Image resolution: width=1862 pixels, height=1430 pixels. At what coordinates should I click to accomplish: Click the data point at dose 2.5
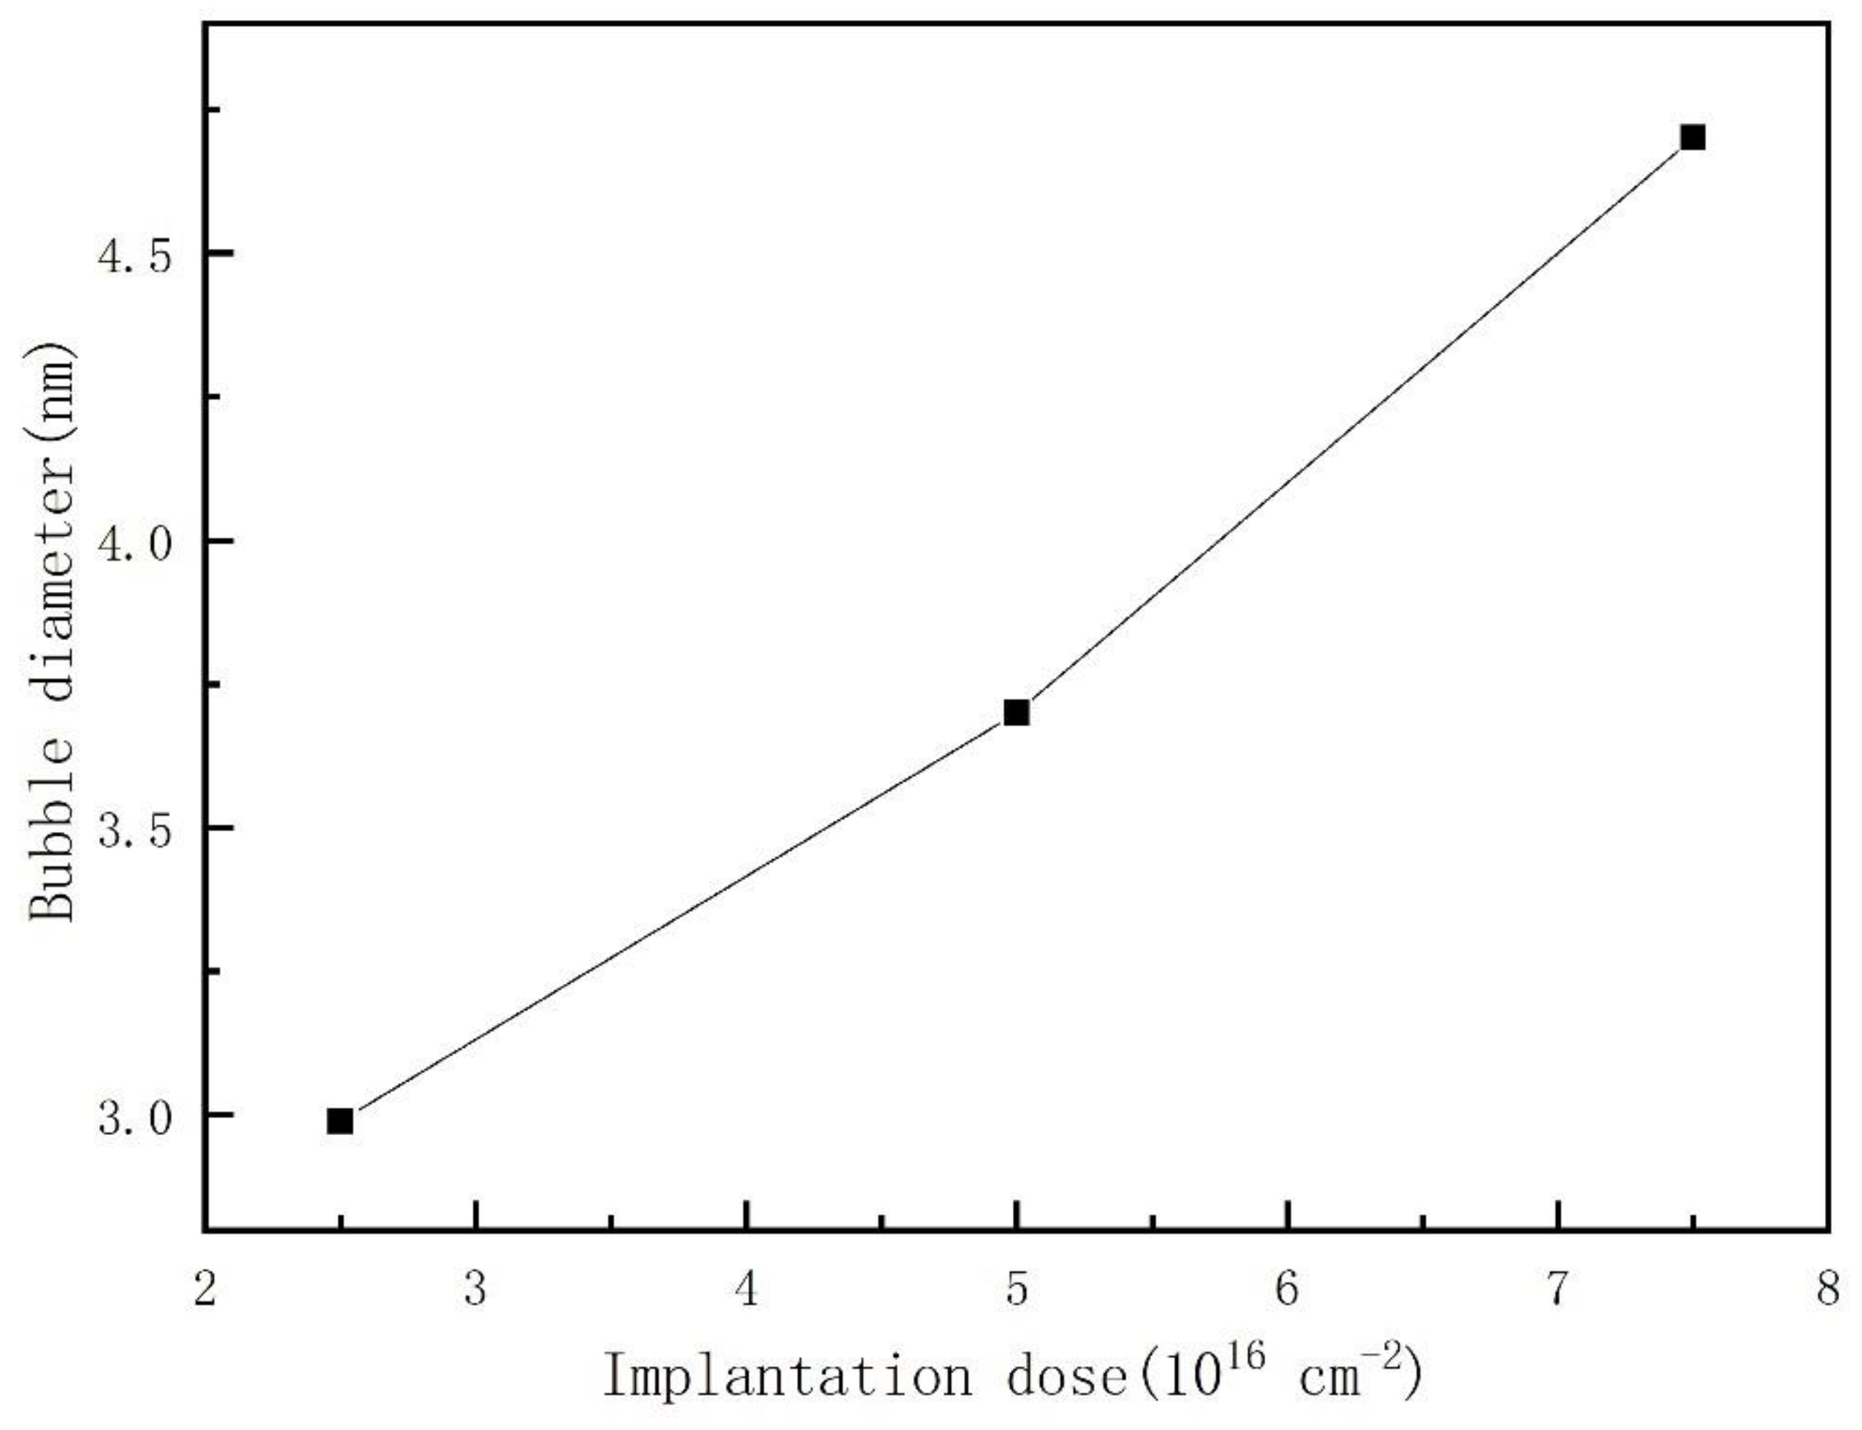coord(340,1121)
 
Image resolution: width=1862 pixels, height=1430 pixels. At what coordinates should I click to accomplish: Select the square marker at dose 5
coord(1016,712)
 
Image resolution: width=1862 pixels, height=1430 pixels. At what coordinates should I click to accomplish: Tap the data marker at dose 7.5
coord(1693,137)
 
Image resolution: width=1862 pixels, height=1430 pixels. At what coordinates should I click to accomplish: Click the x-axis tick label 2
coord(205,1290)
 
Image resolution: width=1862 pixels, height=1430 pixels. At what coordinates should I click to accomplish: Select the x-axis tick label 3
coord(476,1290)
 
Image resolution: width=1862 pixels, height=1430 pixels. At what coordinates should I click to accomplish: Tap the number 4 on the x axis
coord(747,1290)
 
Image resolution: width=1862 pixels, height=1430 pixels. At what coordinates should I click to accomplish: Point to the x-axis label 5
coord(1016,1290)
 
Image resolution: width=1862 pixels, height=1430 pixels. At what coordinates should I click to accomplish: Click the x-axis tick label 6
coord(1287,1290)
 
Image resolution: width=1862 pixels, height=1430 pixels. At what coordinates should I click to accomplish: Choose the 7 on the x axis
coord(1557,1290)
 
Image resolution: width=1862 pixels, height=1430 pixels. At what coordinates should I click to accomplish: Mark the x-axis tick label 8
coord(1828,1290)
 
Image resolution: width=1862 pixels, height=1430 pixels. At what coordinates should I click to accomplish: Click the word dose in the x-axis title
coord(1069,1376)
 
